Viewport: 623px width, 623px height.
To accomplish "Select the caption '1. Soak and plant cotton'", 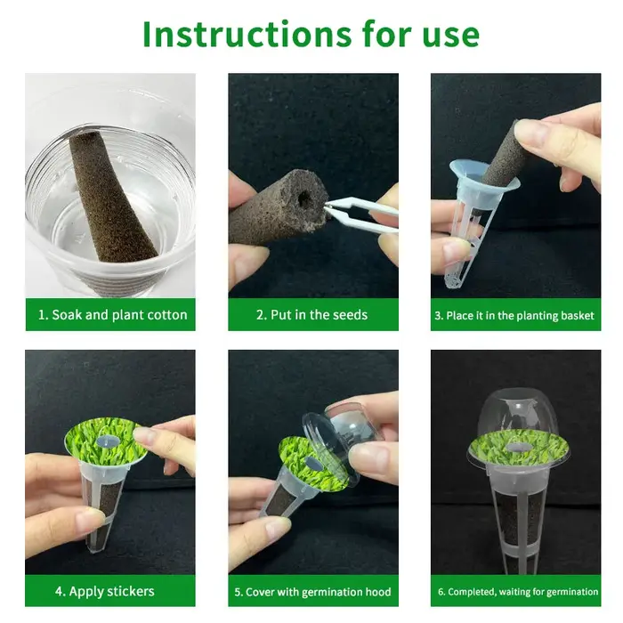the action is click(112, 315).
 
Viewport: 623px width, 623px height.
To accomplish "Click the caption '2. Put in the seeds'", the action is click(311, 315).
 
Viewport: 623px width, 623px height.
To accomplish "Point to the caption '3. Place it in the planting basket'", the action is click(514, 315).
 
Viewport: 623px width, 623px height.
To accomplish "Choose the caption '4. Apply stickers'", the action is click(104, 591).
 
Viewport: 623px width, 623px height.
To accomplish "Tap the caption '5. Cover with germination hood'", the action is click(312, 592).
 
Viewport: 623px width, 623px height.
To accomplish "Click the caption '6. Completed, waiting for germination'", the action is click(518, 592).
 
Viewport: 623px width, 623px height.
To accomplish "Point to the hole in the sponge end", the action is click(305, 199).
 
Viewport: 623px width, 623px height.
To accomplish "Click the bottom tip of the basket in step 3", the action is click(453, 283).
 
